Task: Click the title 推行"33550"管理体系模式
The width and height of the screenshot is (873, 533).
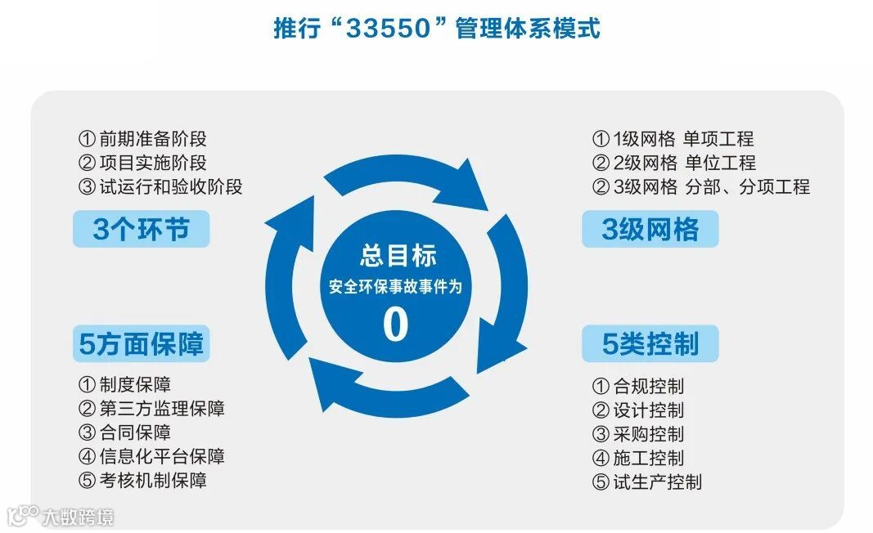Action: click(x=436, y=29)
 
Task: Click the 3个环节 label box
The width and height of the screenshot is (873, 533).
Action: click(x=141, y=229)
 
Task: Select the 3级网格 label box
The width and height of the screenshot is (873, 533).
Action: click(x=650, y=230)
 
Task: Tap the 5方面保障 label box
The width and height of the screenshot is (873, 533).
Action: click(x=141, y=344)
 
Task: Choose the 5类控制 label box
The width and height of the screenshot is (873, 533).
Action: click(x=650, y=344)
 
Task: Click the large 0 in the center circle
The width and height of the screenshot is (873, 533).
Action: click(x=395, y=325)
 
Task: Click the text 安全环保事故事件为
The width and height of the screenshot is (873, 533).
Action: click(x=397, y=287)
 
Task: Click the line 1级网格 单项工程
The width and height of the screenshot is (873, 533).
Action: click(x=673, y=139)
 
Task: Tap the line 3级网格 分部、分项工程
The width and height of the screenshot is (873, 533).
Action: click(x=700, y=186)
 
